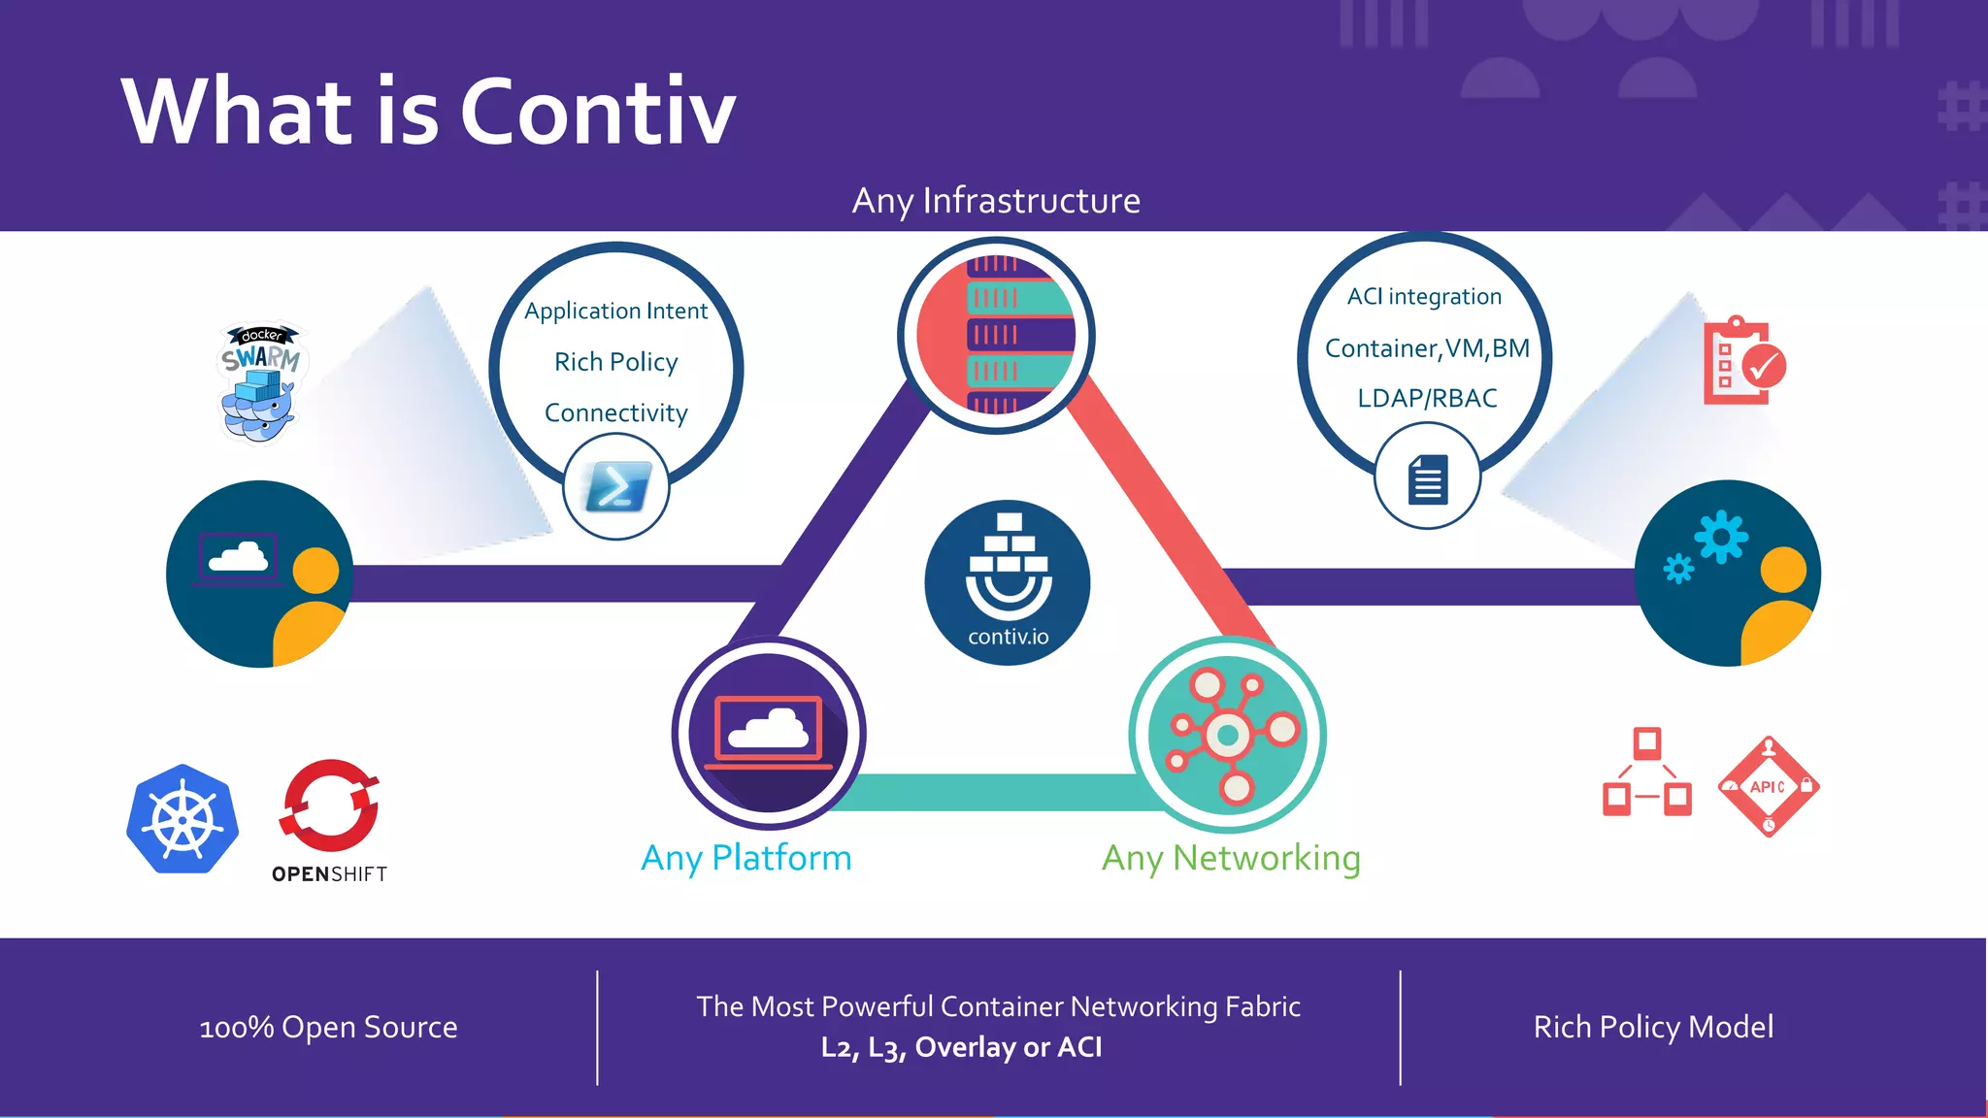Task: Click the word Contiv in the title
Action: [x=597, y=112]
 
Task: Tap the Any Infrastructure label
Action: [x=996, y=201]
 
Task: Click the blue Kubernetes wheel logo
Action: [x=182, y=819]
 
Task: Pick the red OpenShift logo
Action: [x=330, y=806]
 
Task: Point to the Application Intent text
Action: [x=616, y=311]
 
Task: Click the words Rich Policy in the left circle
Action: [x=616, y=362]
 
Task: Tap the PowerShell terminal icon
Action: [x=616, y=486]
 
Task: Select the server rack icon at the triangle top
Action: [x=996, y=335]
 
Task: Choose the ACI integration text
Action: [x=1424, y=296]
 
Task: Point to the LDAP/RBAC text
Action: [x=1427, y=398]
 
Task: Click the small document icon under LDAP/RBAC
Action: [x=1427, y=478]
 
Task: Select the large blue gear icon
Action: [x=1721, y=536]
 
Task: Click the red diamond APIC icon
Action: [x=1768, y=786]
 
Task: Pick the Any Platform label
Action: [x=745, y=858]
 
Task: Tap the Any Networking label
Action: [x=1231, y=858]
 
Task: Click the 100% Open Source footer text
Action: [x=328, y=1027]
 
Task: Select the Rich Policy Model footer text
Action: [x=1653, y=1027]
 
